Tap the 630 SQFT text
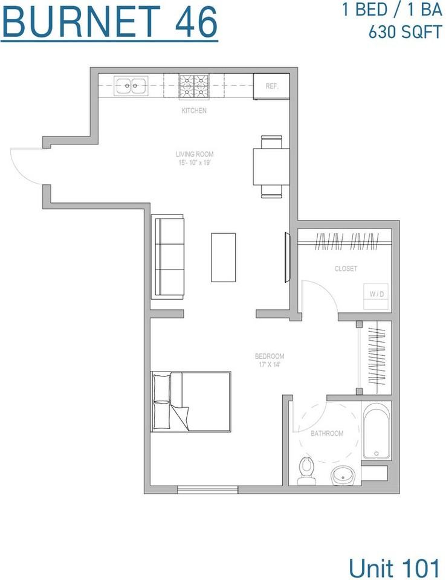[405, 32]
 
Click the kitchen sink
[131, 86]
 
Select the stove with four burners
[194, 87]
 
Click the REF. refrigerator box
[271, 86]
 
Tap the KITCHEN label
[194, 110]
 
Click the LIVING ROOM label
[195, 154]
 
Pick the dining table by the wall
[271, 167]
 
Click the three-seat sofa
[167, 257]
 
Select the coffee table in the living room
[224, 257]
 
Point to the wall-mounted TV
[287, 257]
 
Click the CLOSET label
[346, 268]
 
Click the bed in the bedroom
[190, 401]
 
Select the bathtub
[377, 431]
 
